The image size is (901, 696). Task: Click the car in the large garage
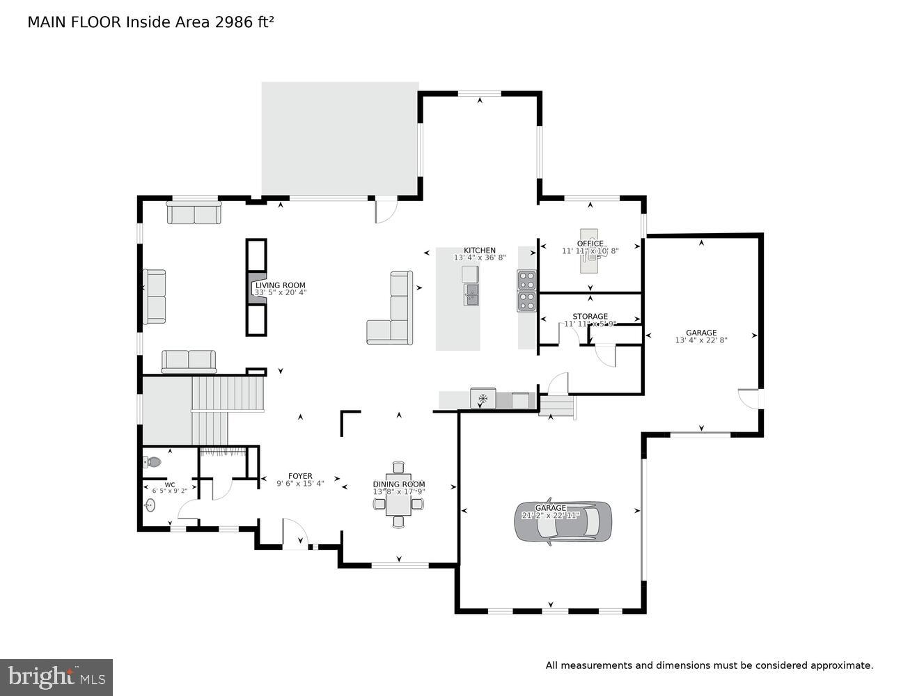coord(564,521)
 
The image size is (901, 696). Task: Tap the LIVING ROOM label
coord(280,285)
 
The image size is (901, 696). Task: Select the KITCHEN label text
coord(480,251)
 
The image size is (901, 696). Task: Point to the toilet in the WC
coord(152,461)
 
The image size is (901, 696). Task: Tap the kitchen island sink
coord(471,294)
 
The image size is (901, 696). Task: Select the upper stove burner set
coord(527,280)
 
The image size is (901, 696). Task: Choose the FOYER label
coord(300,476)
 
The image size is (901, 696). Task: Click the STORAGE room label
coord(590,317)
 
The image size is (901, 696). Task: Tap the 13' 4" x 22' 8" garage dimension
coord(700,340)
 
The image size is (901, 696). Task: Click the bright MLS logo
coord(56,677)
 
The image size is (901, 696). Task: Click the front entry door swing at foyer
coord(295,534)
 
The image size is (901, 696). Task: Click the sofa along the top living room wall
coord(194,213)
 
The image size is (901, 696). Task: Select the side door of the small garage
coord(751,399)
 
